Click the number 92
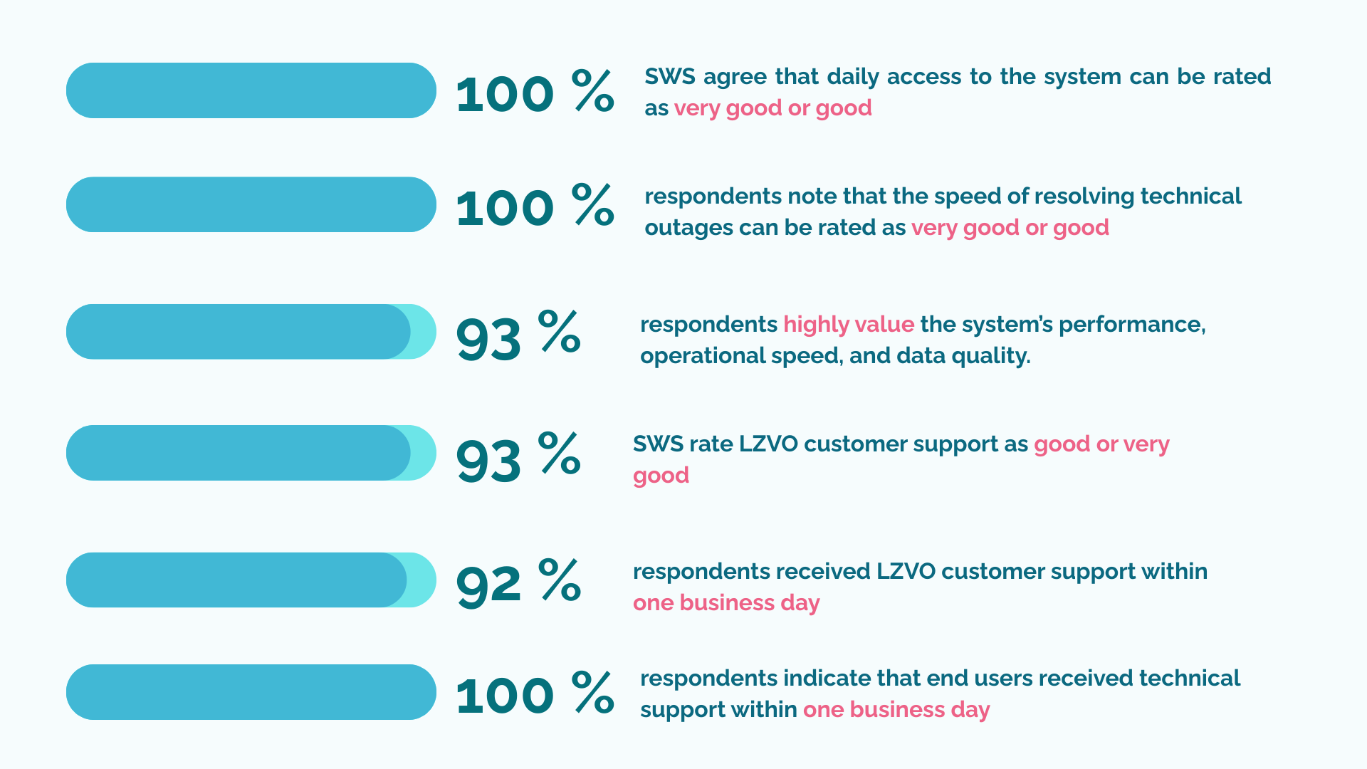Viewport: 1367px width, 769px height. pos(488,585)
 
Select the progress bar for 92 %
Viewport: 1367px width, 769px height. pos(251,580)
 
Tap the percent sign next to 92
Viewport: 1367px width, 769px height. pos(560,579)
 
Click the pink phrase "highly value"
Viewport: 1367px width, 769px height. pos(849,325)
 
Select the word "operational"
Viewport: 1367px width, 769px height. pos(690,356)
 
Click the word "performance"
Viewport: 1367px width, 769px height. pos(1132,325)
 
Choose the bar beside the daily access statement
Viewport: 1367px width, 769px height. pos(251,90)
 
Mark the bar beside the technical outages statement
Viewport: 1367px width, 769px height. pos(251,204)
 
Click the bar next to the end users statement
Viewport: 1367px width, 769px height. pos(251,692)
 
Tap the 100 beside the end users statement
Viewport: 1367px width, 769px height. pos(505,696)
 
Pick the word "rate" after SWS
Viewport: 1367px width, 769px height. pos(711,444)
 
